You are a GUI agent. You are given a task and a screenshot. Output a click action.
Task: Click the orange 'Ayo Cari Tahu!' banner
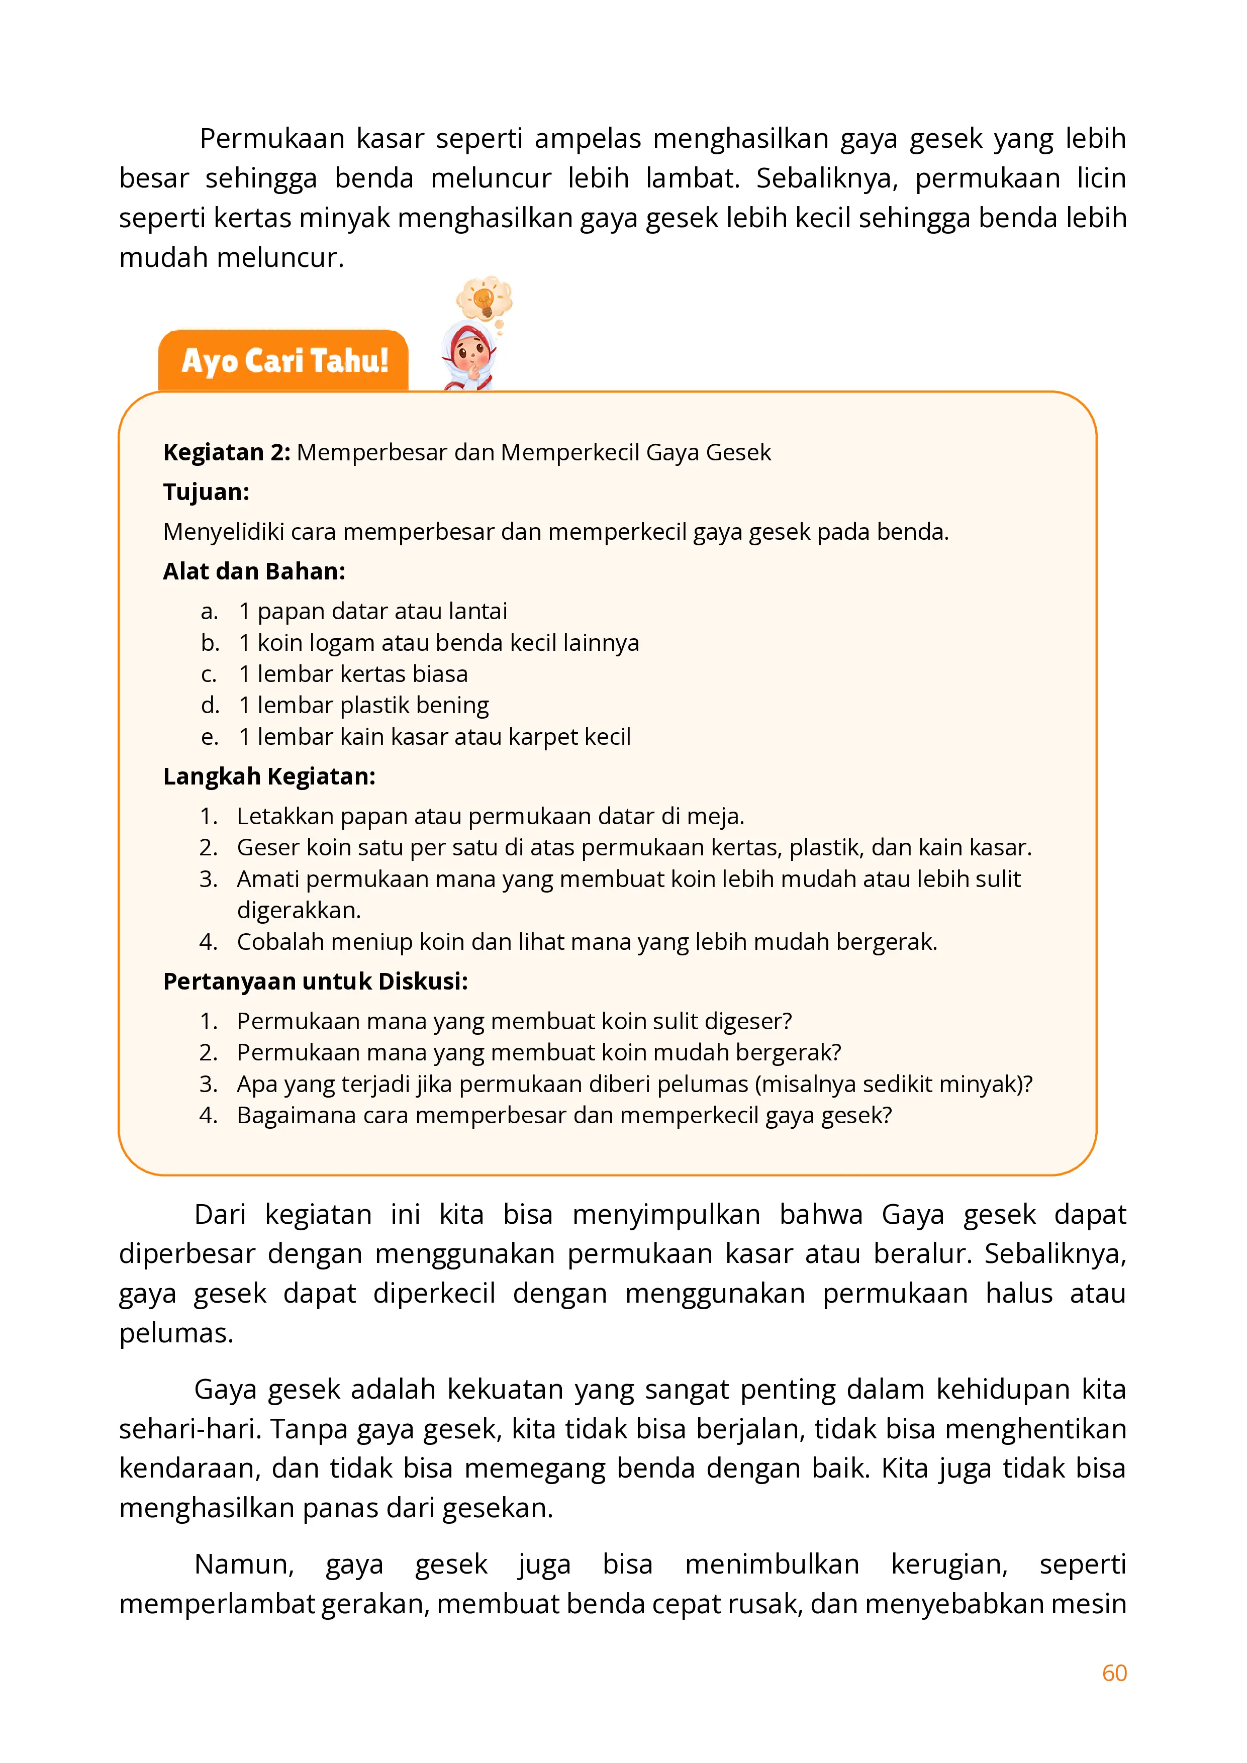pyautogui.click(x=284, y=361)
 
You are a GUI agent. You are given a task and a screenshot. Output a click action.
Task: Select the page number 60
pyautogui.click(x=1114, y=1673)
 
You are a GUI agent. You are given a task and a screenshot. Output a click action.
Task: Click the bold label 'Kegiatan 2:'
pyautogui.click(x=227, y=452)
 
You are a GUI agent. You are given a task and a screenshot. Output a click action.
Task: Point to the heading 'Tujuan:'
pyautogui.click(x=206, y=492)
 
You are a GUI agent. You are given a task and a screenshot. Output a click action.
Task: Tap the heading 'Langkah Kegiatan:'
pyautogui.click(x=269, y=776)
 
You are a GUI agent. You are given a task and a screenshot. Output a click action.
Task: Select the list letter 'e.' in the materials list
pyautogui.click(x=210, y=737)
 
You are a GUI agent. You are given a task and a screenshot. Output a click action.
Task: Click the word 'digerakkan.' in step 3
pyautogui.click(x=299, y=911)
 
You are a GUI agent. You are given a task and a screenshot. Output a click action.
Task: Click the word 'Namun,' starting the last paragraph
pyautogui.click(x=244, y=1564)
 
